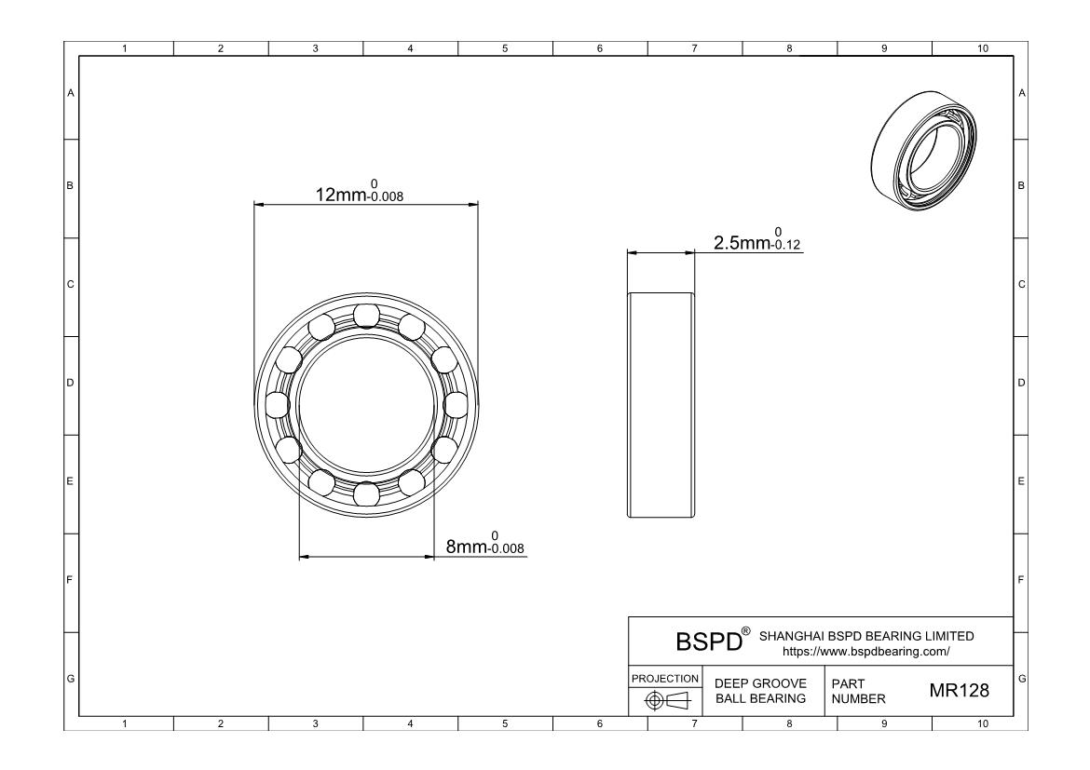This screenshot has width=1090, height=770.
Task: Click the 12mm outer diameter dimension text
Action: [x=360, y=191]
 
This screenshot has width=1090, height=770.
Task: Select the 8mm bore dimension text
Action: [x=484, y=543]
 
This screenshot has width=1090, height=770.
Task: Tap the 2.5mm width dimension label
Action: [x=757, y=239]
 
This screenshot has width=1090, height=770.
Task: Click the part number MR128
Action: [x=959, y=690]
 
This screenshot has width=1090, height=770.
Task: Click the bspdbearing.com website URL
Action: [x=865, y=652]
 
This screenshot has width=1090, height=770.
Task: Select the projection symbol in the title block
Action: [x=667, y=700]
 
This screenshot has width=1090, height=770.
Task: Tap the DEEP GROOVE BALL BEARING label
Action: [x=760, y=691]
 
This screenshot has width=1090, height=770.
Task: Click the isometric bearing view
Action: [x=924, y=150]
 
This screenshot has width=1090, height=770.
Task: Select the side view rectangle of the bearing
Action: [x=661, y=404]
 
